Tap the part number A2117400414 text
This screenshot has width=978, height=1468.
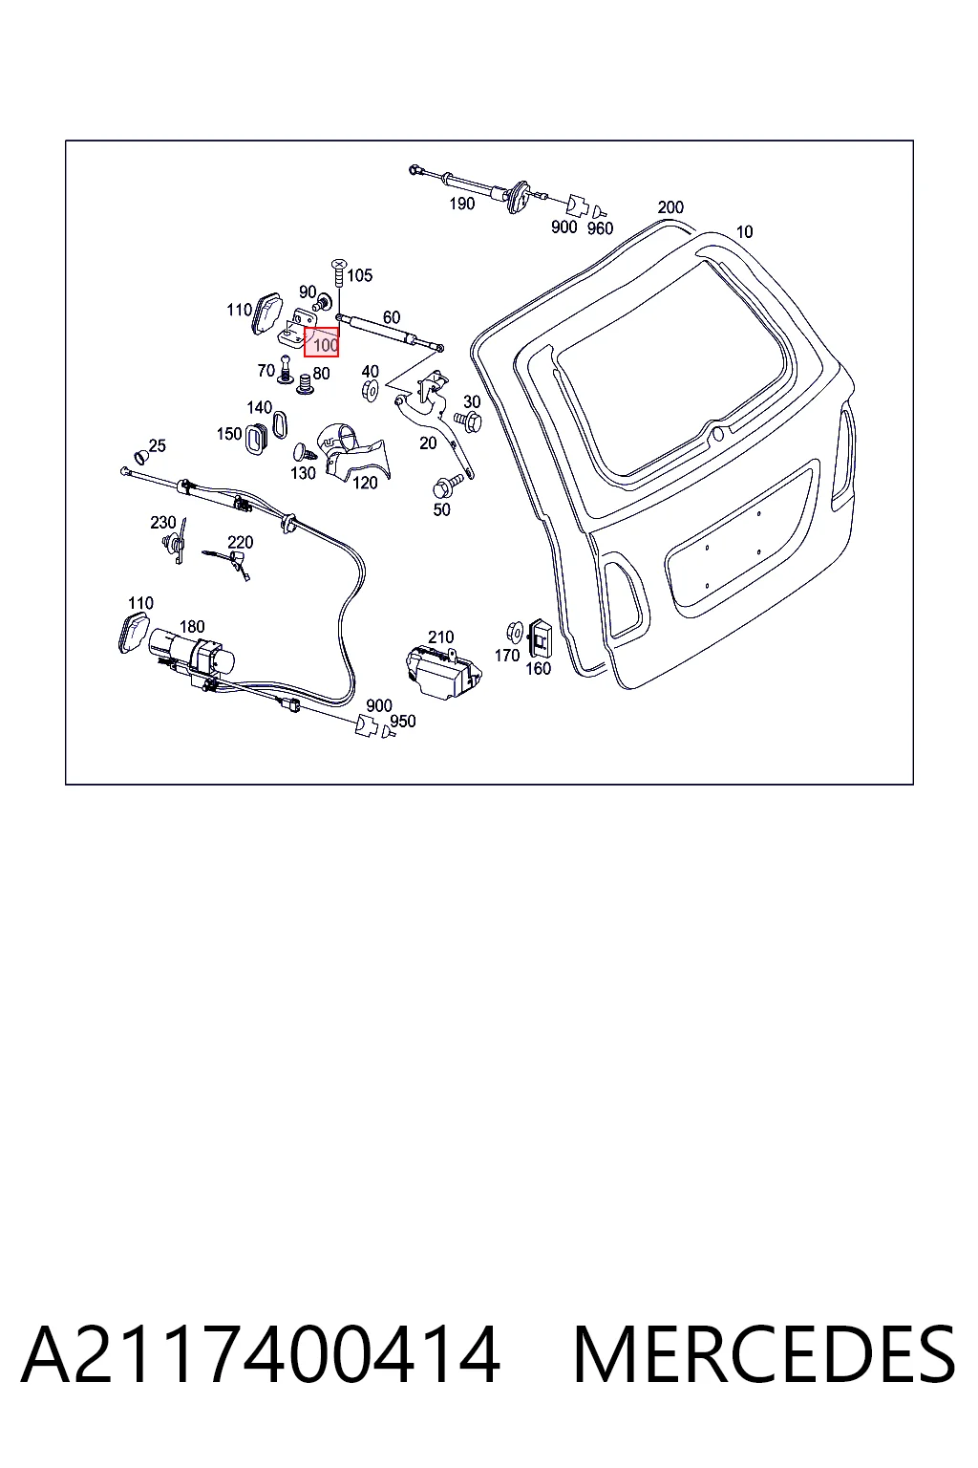click(261, 1354)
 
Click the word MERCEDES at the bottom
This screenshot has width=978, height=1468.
click(764, 1354)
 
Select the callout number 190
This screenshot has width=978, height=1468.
click(462, 204)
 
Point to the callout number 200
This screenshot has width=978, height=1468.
click(670, 207)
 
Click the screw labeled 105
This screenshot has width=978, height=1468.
click(339, 272)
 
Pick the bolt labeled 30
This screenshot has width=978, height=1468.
click(468, 421)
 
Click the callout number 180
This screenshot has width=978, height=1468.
click(192, 627)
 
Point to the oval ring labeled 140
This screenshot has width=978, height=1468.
click(280, 424)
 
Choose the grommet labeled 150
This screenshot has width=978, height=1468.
click(255, 439)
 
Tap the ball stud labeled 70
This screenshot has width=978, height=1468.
click(285, 369)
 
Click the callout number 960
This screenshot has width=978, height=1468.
click(600, 228)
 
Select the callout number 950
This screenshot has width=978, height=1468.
click(403, 721)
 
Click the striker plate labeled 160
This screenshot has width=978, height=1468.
click(541, 637)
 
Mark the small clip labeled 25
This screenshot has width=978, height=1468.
click(140, 456)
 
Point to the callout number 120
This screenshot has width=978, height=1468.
click(365, 483)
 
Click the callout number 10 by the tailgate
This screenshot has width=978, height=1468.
click(744, 232)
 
